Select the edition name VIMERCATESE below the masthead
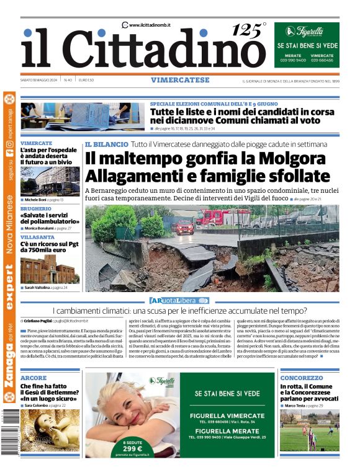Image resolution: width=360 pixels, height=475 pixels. pyautogui.click(x=179, y=80)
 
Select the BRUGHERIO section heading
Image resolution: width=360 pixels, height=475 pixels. pyautogui.click(x=37, y=209)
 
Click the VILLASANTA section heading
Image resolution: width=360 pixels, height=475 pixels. pyautogui.click(x=38, y=238)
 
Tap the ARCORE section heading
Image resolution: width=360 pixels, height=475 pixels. pyautogui.click(x=34, y=378)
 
